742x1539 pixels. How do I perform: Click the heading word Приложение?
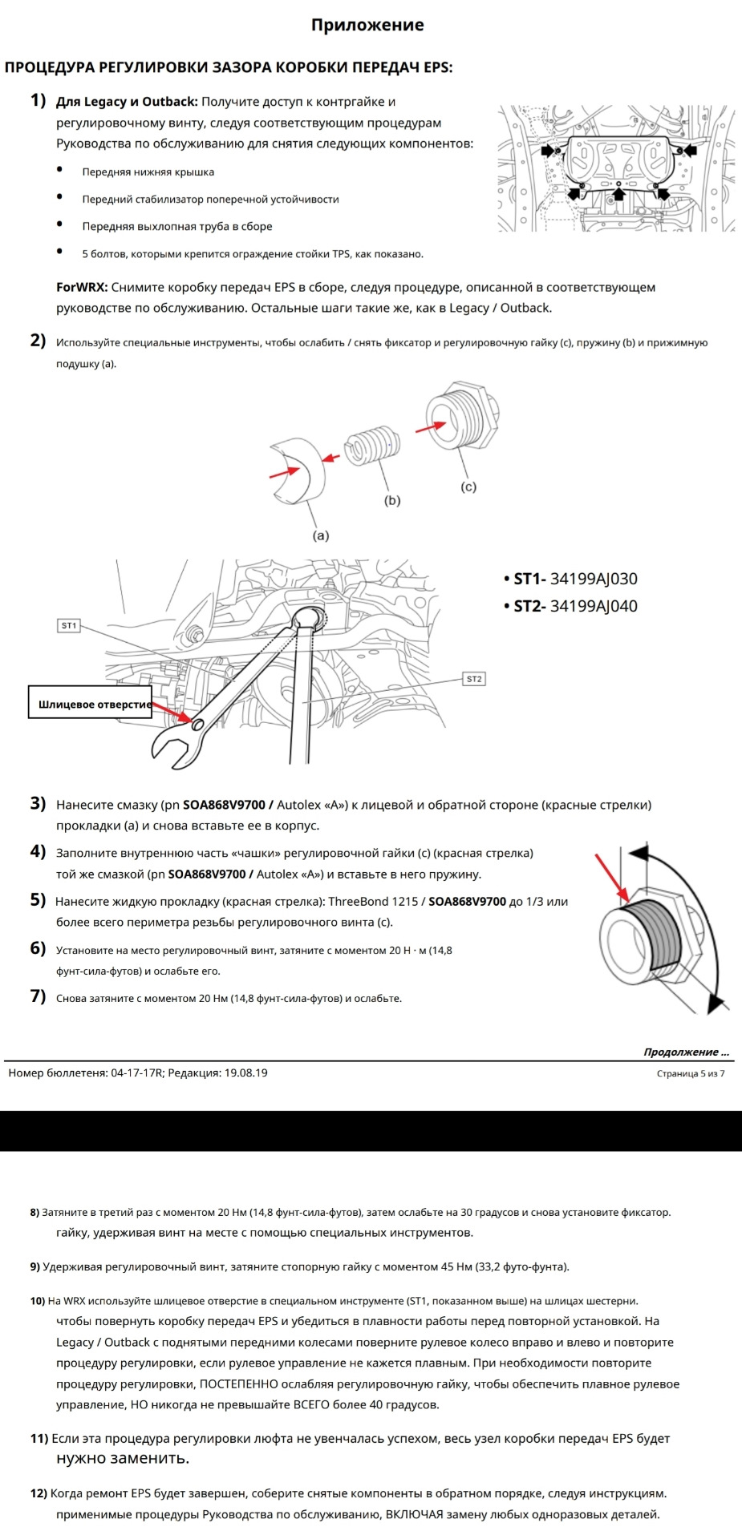[367, 26]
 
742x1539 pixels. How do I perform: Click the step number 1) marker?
[38, 100]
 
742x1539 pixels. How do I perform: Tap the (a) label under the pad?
[320, 535]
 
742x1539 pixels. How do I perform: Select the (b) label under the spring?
[391, 500]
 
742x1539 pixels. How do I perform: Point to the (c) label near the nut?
[468, 487]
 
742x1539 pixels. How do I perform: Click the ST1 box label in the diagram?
[70, 625]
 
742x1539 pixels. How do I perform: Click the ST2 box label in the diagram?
[474, 679]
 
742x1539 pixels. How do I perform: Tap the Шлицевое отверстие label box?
[91, 705]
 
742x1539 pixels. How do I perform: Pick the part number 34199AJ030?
[594, 579]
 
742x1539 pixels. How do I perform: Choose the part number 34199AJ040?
[594, 606]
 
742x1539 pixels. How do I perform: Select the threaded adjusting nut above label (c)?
[461, 421]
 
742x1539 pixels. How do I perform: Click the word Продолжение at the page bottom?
[681, 1052]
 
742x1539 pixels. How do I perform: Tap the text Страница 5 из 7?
[690, 1073]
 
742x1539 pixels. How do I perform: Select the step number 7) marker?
[38, 996]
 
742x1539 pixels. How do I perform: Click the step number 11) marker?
[39, 1438]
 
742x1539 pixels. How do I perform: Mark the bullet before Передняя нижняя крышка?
[60, 170]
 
